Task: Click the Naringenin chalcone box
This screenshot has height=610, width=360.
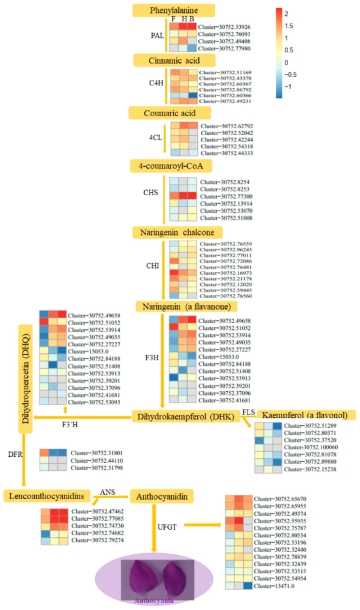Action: (169, 232)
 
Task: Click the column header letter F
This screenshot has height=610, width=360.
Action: (173, 19)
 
